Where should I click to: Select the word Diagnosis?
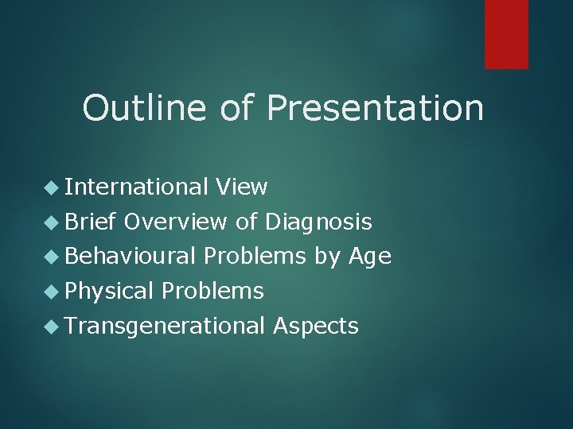coord(318,222)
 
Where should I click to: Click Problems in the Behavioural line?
coord(255,256)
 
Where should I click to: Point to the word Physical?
coord(109,292)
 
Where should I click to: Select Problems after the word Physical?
coord(212,291)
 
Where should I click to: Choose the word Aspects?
coord(316,327)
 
